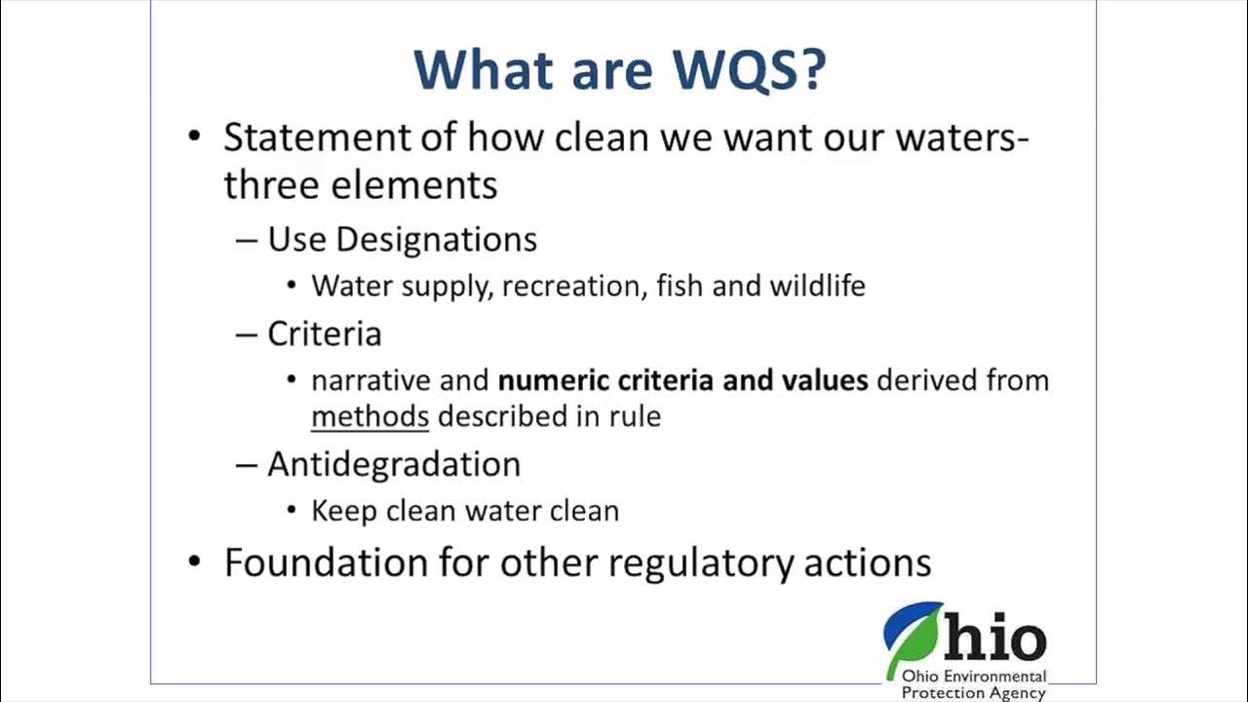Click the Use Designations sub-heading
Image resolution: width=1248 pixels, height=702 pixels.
click(402, 240)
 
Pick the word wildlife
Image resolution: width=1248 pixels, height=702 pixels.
click(817, 286)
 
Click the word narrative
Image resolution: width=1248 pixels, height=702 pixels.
click(370, 379)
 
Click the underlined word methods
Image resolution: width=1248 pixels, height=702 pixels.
click(370, 416)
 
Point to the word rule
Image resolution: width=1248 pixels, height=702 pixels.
click(639, 416)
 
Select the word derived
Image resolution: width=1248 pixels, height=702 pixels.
click(924, 379)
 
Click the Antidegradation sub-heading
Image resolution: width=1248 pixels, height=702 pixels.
click(394, 464)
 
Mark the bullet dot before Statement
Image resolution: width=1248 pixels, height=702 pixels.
click(196, 137)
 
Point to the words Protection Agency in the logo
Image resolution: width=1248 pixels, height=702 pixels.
click(972, 693)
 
